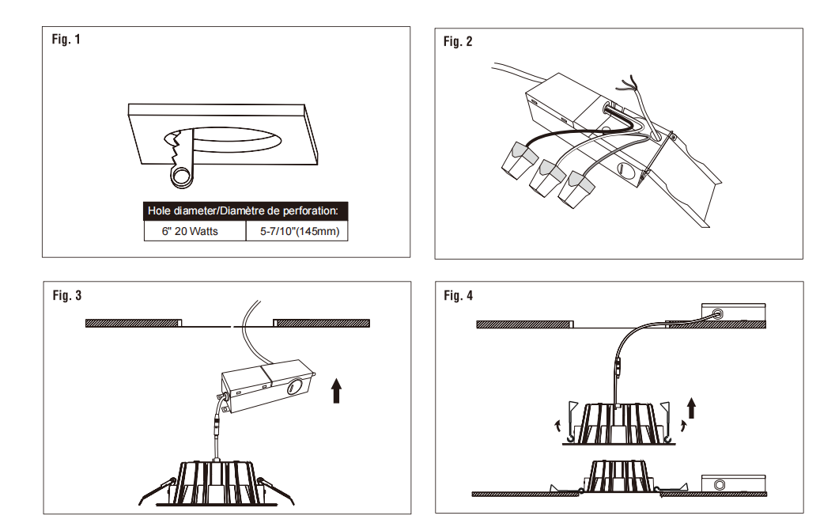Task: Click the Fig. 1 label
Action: coord(66,39)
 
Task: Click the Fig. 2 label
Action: coord(458,41)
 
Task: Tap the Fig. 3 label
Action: coord(66,295)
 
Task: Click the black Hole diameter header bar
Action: coord(246,211)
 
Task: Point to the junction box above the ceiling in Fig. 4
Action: coord(732,316)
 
